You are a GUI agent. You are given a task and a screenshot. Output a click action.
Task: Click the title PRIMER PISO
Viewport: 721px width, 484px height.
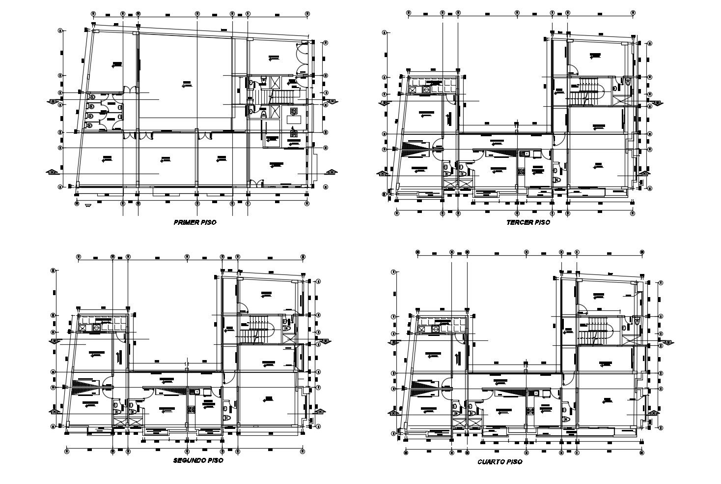pos(195,222)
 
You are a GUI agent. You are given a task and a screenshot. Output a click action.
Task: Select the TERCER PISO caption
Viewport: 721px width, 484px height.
pos(528,222)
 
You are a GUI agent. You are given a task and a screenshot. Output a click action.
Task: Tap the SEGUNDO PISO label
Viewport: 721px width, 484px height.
pos(198,460)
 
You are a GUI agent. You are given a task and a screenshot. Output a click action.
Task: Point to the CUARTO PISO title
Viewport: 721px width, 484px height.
pos(499,462)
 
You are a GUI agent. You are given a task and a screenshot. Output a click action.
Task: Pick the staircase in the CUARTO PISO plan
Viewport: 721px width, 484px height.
pos(595,331)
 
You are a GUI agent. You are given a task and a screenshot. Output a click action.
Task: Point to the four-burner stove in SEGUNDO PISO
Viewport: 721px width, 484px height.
pos(191,408)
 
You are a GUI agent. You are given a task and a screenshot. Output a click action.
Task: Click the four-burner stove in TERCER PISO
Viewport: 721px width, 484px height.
pos(521,171)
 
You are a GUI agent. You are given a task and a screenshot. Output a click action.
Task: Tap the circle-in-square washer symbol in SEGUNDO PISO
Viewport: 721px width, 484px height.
pos(97,326)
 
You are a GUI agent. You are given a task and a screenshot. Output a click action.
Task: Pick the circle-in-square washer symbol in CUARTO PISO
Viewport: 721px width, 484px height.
pos(435,329)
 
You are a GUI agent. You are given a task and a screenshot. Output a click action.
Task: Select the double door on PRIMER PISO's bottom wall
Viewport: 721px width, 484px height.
pos(255,184)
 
